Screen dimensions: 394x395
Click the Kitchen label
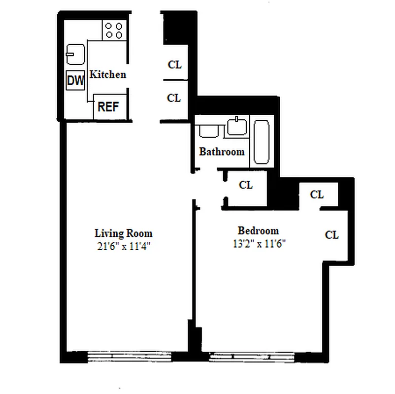(x=108, y=75)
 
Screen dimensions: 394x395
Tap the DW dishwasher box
(x=75, y=81)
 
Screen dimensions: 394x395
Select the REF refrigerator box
(x=108, y=106)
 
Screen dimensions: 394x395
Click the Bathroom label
(x=222, y=152)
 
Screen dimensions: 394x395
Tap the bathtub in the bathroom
(x=261, y=142)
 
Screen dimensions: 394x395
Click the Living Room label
(x=123, y=233)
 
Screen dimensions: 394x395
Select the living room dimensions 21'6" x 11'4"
(x=123, y=246)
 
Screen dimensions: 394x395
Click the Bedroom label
(x=258, y=230)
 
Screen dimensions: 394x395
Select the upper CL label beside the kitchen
(x=174, y=65)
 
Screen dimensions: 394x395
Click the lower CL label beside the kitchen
(x=174, y=98)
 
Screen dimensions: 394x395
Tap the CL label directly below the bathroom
(x=246, y=185)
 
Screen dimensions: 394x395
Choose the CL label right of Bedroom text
(x=332, y=235)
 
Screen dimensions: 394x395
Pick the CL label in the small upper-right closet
(x=317, y=195)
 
